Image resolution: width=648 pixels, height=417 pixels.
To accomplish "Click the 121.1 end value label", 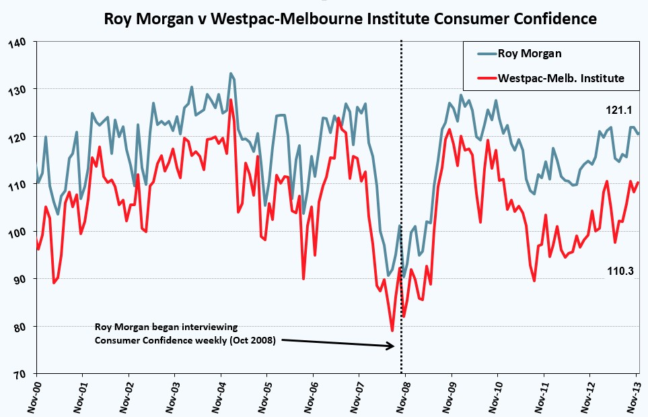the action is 619,110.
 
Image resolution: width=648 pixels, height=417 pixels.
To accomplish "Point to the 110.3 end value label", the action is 620,271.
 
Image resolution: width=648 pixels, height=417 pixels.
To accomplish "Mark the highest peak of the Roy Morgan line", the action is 231,73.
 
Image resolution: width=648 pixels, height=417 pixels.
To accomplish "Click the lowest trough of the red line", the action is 392,331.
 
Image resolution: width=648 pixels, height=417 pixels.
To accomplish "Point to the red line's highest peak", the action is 231,100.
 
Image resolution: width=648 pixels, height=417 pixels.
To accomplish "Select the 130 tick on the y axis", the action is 17,90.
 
